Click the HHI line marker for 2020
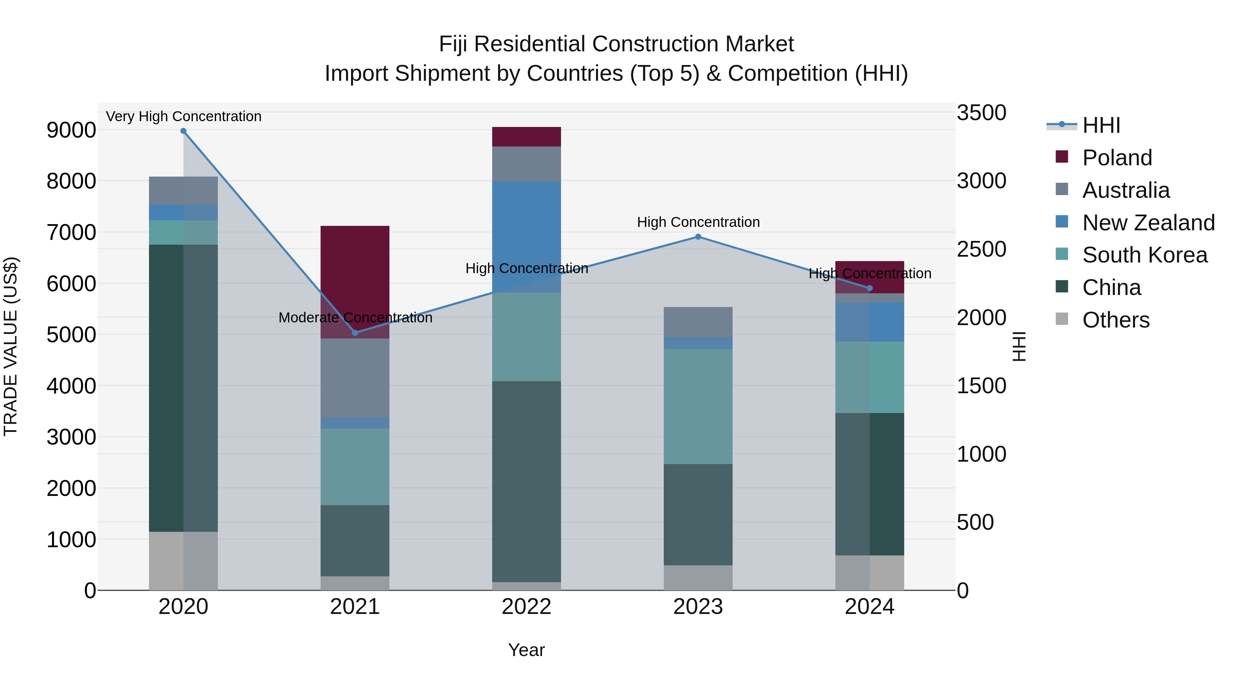pos(183,131)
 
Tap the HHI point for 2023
pos(698,237)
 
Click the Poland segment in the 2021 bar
pos(355,268)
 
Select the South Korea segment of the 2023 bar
pos(698,407)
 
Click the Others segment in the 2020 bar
pos(183,561)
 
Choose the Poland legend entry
pos(1117,158)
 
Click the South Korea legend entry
pos(1144,255)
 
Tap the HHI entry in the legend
pos(1101,125)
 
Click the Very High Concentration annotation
pos(183,116)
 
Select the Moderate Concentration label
pos(355,318)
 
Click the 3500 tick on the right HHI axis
pos(981,113)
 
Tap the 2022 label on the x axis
pos(526,607)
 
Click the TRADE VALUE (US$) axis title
pos(11,346)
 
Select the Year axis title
pos(526,650)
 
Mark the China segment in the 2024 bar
pos(870,484)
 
